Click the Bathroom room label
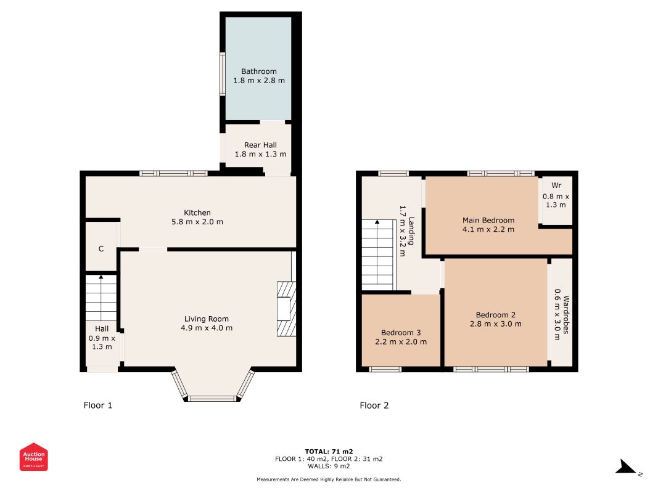click(259, 71)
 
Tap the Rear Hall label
click(260, 145)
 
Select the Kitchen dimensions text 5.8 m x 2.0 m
click(197, 222)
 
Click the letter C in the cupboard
click(101, 248)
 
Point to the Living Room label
click(207, 319)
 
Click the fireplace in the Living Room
click(286, 309)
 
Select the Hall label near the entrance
click(102, 328)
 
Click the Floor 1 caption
click(98, 405)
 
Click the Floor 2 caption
click(374, 405)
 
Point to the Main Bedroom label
click(488, 220)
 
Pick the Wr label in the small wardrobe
click(556, 185)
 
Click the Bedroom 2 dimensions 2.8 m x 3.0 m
click(496, 324)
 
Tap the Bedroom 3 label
click(401, 333)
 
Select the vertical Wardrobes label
click(566, 314)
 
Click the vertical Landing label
click(412, 230)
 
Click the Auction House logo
click(33, 457)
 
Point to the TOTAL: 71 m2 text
click(329, 452)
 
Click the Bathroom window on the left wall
click(223, 74)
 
